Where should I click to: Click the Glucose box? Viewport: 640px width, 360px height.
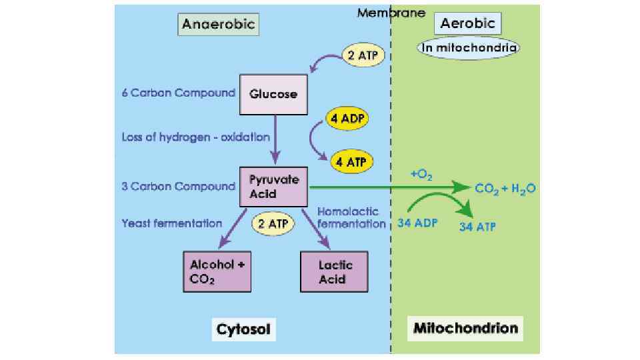point(273,95)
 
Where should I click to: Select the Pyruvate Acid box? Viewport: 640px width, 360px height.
point(273,186)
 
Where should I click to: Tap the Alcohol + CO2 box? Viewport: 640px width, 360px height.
point(217,271)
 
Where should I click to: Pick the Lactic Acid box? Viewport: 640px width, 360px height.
point(335,272)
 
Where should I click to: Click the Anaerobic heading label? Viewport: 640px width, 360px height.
point(218,25)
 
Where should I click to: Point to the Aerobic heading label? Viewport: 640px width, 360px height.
point(467,24)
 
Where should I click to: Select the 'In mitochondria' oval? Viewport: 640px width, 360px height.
point(468,47)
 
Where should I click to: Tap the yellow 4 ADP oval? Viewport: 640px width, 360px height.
point(347,119)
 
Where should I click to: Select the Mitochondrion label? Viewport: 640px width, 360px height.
point(465,328)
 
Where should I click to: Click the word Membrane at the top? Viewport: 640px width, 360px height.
point(391,12)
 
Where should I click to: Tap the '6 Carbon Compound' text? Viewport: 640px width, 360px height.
point(178,93)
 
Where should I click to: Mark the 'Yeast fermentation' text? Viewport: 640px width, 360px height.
point(172,223)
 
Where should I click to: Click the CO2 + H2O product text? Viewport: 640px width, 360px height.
point(505,189)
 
